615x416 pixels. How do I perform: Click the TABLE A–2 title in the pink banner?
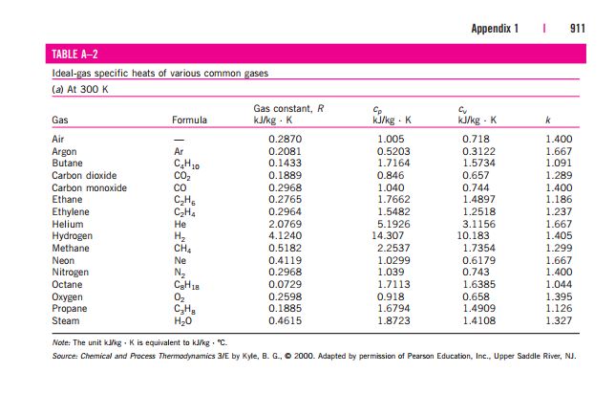(x=74, y=54)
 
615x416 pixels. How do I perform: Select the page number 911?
(x=578, y=29)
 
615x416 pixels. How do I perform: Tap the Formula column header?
(x=189, y=120)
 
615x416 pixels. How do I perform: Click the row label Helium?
(x=68, y=224)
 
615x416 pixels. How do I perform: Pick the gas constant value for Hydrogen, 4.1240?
(x=286, y=235)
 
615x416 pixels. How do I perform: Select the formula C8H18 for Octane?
(x=187, y=285)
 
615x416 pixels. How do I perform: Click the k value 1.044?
(x=559, y=284)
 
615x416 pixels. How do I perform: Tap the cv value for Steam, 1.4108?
(x=478, y=320)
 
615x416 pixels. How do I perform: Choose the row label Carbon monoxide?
(x=90, y=187)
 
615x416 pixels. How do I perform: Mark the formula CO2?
(x=182, y=176)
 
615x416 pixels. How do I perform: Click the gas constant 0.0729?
(x=286, y=284)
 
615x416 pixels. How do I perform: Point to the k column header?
(x=548, y=120)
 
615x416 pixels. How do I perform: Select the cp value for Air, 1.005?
(x=391, y=139)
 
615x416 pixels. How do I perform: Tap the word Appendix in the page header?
(x=491, y=29)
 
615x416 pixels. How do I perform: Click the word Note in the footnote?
(x=61, y=342)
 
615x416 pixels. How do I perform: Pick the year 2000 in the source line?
(x=305, y=357)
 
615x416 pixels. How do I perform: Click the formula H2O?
(x=182, y=321)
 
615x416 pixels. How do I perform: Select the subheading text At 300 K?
(x=88, y=90)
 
